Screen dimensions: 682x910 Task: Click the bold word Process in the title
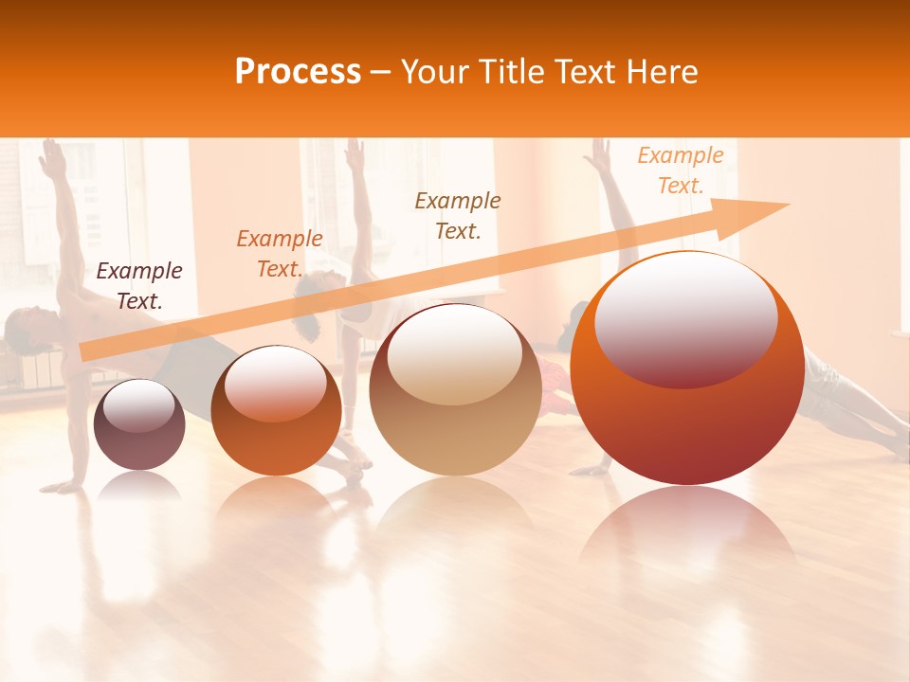coord(298,72)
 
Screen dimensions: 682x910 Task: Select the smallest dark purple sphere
coord(139,424)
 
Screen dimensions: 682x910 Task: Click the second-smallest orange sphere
coord(276,410)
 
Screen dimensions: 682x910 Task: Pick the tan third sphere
coord(455,389)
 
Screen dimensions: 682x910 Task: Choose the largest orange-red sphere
coord(687,369)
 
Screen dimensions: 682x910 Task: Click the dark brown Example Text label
coord(138,286)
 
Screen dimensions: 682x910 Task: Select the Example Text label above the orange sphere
coord(279,254)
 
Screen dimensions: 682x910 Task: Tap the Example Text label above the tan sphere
coord(458,215)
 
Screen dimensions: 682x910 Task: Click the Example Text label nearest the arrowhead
coord(680,170)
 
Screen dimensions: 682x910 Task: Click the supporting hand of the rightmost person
coord(592,468)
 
